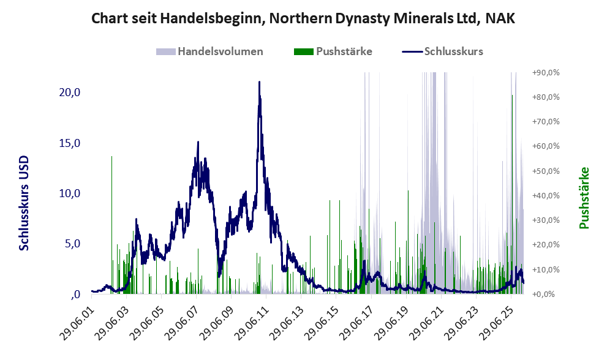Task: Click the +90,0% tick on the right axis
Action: click(x=546, y=73)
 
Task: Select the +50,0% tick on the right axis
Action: click(x=546, y=171)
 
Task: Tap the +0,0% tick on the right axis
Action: click(x=546, y=294)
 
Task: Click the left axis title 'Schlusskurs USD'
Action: click(x=25, y=203)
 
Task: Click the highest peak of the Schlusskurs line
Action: click(x=259, y=82)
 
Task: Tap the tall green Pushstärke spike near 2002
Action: click(x=111, y=158)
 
